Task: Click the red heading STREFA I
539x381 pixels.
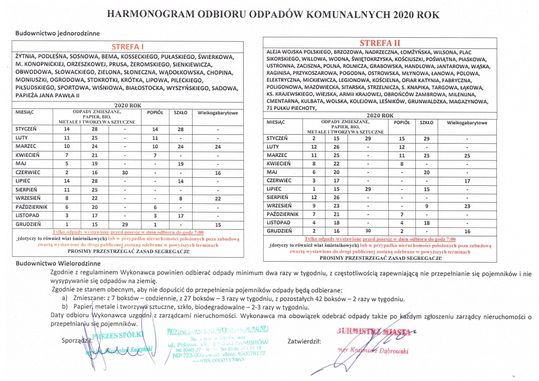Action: [x=128, y=47]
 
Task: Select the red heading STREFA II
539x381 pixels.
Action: [x=380, y=43]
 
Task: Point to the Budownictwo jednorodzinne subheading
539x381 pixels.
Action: [x=58, y=33]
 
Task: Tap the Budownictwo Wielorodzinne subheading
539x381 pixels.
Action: [x=58, y=262]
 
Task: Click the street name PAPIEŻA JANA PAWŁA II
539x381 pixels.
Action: [x=48, y=96]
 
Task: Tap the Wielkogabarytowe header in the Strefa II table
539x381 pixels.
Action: [x=467, y=123]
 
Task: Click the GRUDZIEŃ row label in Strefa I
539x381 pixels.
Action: [x=27, y=225]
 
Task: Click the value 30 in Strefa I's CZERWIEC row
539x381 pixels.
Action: [x=125, y=173]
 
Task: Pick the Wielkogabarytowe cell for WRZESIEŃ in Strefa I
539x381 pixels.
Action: [x=217, y=198]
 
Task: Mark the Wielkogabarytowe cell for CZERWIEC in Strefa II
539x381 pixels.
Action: [x=467, y=181]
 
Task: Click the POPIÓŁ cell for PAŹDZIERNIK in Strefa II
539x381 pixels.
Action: [x=402, y=214]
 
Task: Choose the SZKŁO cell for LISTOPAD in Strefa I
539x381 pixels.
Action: [x=181, y=215]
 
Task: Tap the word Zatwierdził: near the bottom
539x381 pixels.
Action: [x=305, y=340]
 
